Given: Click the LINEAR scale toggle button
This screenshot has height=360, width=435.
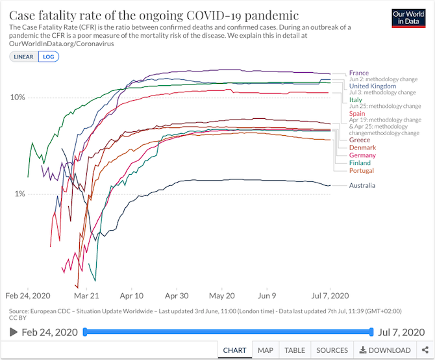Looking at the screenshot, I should tap(23, 57).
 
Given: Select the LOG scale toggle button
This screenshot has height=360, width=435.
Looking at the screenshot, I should tap(48, 57).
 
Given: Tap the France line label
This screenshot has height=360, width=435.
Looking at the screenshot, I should tap(358, 73).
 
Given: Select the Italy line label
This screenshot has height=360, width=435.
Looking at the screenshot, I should tap(355, 100).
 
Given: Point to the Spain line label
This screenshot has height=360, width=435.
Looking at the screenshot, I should tap(358, 114).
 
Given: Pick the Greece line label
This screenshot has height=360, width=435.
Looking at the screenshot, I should tap(360, 140).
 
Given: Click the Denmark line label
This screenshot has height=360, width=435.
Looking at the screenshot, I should tap(362, 148).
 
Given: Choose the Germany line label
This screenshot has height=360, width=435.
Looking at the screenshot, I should tap(362, 156).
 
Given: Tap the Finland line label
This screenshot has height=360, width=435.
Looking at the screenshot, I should tap(360, 163).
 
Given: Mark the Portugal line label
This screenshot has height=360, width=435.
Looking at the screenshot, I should tap(362, 171).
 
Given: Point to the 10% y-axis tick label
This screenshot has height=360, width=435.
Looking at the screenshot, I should tap(17, 97).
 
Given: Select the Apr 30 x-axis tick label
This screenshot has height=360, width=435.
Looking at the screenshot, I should tap(176, 294).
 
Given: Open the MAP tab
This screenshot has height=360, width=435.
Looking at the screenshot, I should tap(265, 350).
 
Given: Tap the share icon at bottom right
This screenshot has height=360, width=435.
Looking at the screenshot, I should tap(425, 350).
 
